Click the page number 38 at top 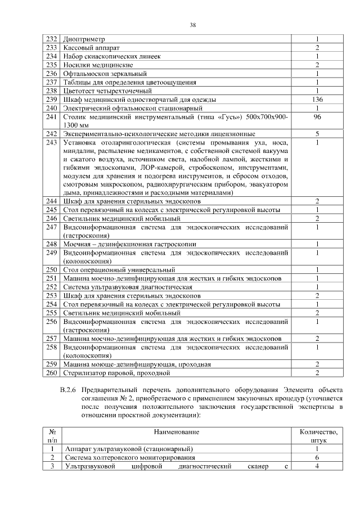pos(193,25)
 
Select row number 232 pos(52,39)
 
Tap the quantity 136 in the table pos(317,99)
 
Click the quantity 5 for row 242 pos(317,134)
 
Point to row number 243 pos(52,143)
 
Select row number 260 pos(52,373)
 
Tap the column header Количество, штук pos(318,436)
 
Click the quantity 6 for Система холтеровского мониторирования pos(317,458)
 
